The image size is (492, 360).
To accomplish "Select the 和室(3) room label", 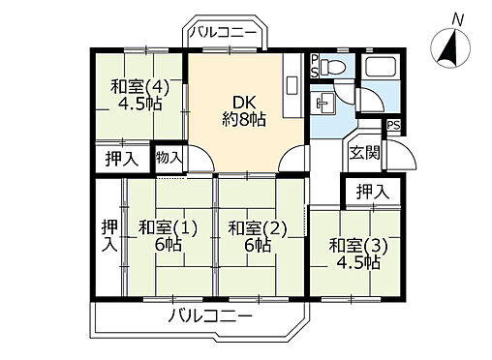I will [x=354, y=254].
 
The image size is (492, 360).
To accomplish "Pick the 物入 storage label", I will [x=169, y=158].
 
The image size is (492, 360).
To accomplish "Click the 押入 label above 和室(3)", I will [x=371, y=191].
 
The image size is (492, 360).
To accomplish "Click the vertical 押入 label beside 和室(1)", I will [x=108, y=234].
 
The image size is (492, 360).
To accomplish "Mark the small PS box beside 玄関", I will [x=392, y=125].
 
